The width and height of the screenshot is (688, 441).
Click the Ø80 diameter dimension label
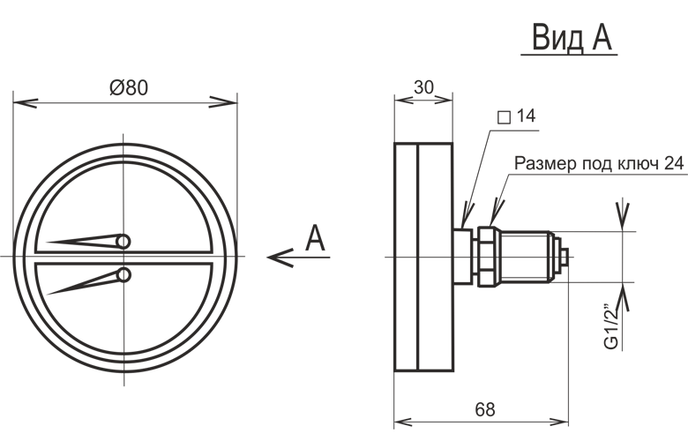click(129, 88)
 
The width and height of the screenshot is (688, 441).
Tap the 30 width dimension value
click(423, 88)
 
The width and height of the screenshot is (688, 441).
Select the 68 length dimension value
click(485, 409)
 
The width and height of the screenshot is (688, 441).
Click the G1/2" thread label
click(611, 325)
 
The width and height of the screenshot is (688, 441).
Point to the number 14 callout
click(526, 116)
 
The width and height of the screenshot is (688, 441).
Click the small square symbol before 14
click(504, 117)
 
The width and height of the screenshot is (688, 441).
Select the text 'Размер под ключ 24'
click(599, 163)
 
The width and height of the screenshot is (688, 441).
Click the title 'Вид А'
click(572, 38)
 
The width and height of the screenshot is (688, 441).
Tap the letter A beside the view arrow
click(315, 238)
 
